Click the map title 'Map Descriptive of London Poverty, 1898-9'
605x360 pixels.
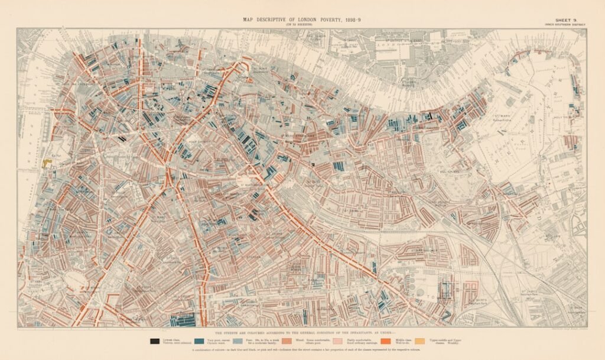302,20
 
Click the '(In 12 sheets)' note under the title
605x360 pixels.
302,25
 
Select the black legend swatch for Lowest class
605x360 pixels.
155,340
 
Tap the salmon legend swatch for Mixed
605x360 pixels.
288,340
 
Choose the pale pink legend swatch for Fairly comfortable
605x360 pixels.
337,340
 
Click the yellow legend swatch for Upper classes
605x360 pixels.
420,340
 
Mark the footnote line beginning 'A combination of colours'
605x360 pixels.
302,351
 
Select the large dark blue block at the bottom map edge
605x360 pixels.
183,320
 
